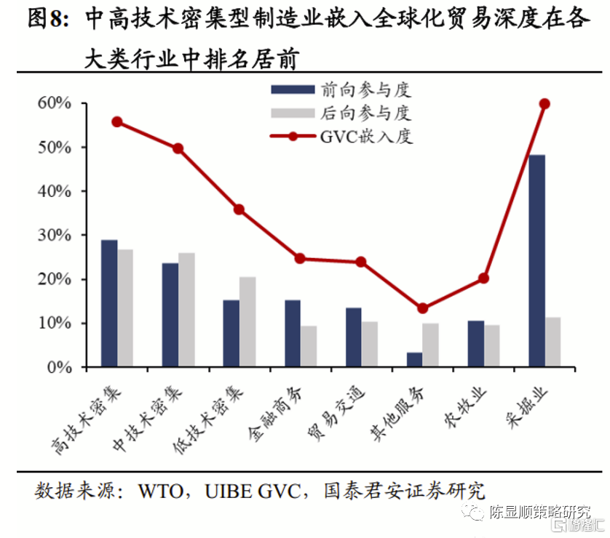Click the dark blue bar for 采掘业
click(x=536, y=261)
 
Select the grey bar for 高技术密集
click(x=125, y=308)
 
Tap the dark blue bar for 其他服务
click(x=414, y=360)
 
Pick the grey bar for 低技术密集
click(x=247, y=322)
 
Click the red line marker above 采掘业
click(x=544, y=104)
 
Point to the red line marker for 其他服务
click(x=422, y=308)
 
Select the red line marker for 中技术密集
click(x=178, y=148)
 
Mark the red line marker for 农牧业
click(x=483, y=278)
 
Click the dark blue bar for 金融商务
click(x=293, y=334)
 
